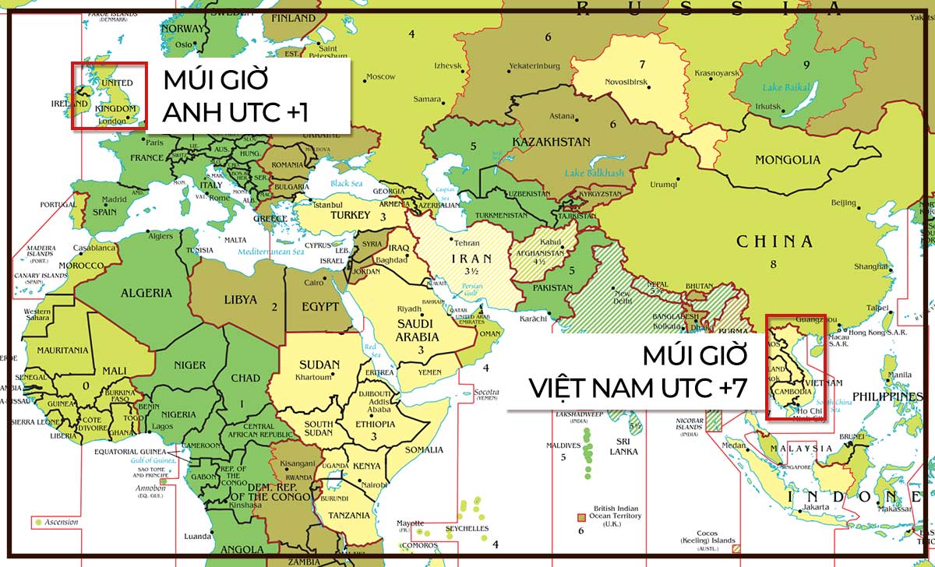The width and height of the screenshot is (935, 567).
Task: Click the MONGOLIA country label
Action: coord(787,160)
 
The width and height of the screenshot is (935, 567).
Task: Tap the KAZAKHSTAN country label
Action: coord(551,142)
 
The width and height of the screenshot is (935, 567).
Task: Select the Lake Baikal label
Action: coord(787,87)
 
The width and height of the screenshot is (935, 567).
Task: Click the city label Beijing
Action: coord(844,202)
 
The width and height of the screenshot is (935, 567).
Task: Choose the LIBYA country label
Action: coord(240,299)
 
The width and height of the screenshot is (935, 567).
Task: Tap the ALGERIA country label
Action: coord(146,293)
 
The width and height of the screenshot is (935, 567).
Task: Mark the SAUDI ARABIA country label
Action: coord(420,329)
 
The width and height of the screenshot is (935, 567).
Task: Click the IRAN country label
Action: coord(471,259)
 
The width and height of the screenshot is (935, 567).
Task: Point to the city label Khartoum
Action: coord(313,378)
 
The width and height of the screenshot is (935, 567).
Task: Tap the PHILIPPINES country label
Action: coord(886,396)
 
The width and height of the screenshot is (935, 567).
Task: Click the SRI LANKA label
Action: coord(623,445)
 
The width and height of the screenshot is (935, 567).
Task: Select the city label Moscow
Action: coord(381,76)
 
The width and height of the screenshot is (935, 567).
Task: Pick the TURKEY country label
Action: coord(351,215)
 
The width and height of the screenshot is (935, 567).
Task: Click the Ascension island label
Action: coord(62,522)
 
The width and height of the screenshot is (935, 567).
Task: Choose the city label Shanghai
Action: coord(870,266)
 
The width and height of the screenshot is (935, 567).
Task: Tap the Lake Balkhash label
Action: coord(595,172)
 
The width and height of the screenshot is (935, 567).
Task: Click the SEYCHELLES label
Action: coord(467,529)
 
